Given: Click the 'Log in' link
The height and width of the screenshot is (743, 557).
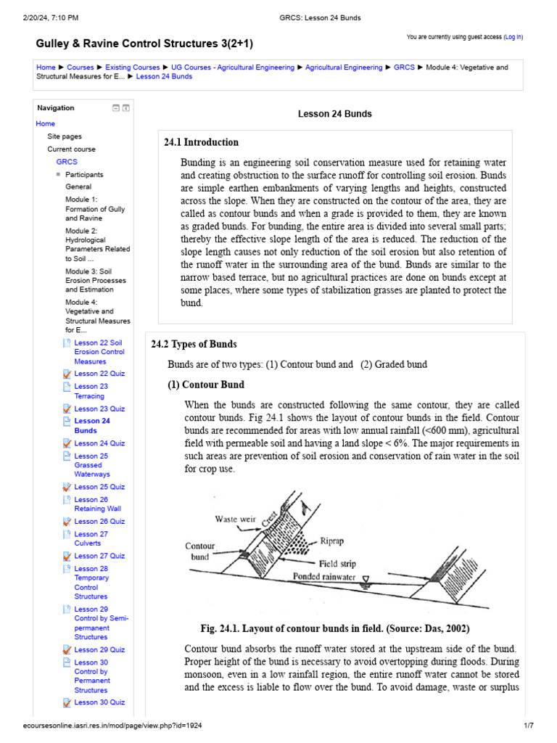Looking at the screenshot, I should click(x=513, y=36).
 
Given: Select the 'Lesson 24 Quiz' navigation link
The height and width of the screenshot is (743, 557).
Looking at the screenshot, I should click(x=99, y=443).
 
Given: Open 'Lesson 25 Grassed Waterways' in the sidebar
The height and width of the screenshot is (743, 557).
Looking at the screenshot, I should click(x=91, y=465).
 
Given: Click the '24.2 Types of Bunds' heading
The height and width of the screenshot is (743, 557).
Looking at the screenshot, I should click(x=194, y=344).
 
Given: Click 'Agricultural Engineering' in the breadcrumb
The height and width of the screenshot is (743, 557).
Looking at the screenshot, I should click(x=344, y=67).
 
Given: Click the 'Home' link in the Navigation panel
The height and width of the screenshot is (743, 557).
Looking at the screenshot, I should click(x=45, y=124).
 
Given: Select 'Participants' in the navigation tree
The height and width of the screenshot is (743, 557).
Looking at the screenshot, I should click(x=84, y=175).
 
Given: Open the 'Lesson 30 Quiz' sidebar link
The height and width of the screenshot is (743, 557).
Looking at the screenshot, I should click(x=99, y=702).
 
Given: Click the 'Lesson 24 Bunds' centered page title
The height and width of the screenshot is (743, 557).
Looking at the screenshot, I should click(x=335, y=114).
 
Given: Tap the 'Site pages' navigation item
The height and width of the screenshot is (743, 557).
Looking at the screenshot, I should click(x=65, y=136).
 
